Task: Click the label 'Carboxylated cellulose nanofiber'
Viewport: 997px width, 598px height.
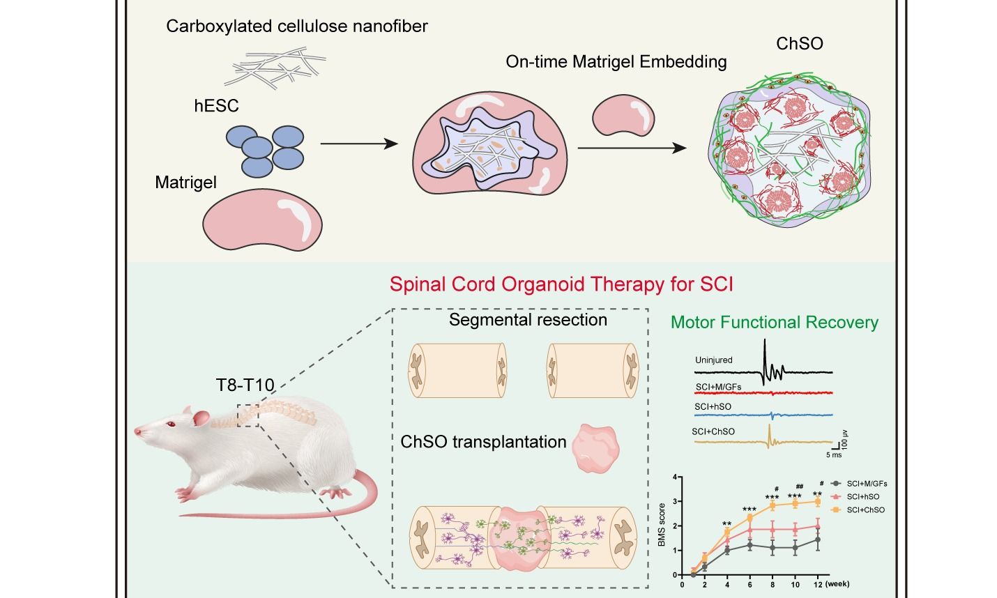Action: (x=296, y=26)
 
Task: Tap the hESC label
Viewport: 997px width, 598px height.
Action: (x=216, y=106)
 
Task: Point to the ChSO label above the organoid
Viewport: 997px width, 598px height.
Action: (x=800, y=43)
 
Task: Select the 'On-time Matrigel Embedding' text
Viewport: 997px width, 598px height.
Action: (x=616, y=62)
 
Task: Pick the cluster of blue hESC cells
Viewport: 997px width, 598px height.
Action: (x=264, y=149)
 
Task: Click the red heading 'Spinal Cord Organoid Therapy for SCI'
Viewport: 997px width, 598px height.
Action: (x=561, y=284)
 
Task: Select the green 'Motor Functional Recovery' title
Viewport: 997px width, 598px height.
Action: (x=774, y=322)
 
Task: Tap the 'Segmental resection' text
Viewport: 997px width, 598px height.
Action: (x=528, y=320)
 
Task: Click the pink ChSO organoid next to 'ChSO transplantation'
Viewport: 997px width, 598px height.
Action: (x=594, y=449)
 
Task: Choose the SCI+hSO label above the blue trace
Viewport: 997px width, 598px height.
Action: (x=713, y=406)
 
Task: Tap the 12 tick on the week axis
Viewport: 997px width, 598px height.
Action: (x=817, y=584)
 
